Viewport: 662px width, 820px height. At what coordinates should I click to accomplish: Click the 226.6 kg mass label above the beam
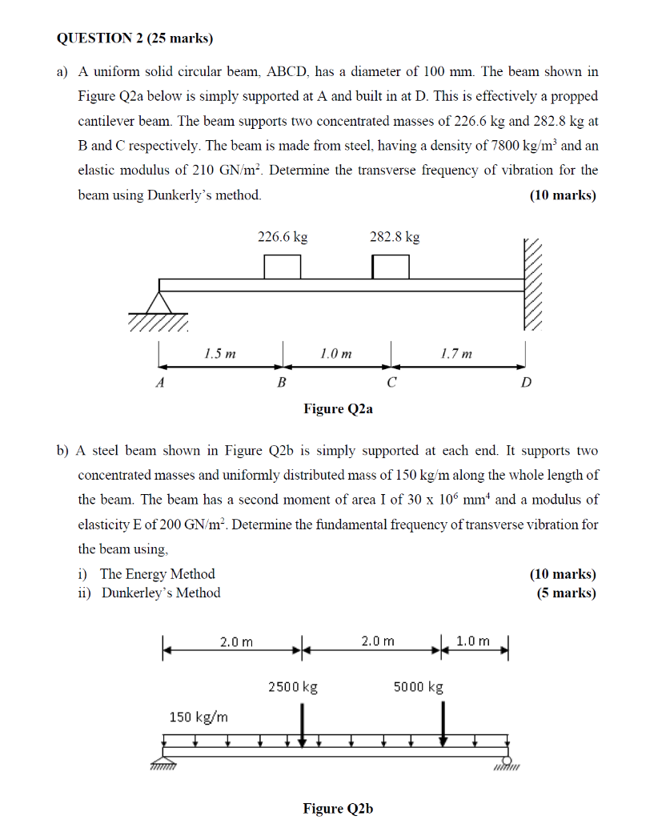point(282,237)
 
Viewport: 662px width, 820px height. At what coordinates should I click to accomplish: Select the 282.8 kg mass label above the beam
point(395,237)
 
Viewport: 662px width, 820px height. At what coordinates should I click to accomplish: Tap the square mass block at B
point(283,266)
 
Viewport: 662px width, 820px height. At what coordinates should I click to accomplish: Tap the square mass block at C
point(391,266)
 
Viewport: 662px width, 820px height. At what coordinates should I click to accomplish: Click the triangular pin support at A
point(160,303)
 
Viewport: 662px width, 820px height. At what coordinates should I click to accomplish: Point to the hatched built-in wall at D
point(533,284)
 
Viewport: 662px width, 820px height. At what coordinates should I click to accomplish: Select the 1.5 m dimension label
point(220,353)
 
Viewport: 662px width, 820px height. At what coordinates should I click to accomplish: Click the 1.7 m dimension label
point(456,353)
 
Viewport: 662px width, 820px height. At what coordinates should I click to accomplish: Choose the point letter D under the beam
point(525,383)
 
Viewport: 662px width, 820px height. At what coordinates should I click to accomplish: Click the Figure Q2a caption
point(338,409)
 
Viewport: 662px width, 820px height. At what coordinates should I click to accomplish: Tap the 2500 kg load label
point(293,687)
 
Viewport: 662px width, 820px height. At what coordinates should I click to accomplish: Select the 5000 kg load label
point(419,687)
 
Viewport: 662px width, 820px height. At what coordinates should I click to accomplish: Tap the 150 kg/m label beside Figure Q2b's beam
point(199,717)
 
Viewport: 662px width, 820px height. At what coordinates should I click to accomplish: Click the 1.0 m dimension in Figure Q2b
point(473,641)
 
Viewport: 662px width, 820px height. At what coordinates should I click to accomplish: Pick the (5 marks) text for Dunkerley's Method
point(566,593)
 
